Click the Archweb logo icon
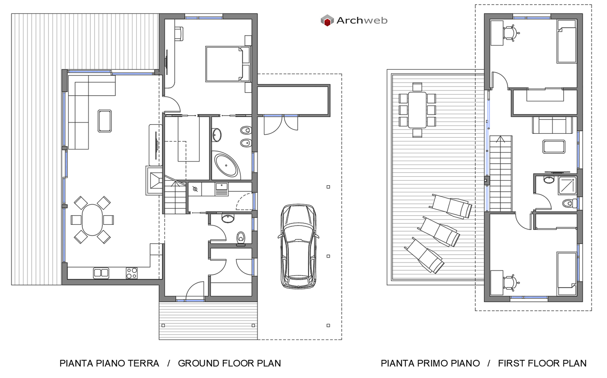click(x=327, y=20)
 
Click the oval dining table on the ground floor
click(x=92, y=220)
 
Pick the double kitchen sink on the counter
click(x=101, y=273)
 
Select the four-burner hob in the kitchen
click(x=131, y=273)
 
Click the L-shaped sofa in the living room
click(x=87, y=108)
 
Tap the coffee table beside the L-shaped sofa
click(x=104, y=121)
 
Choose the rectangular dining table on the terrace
click(x=417, y=110)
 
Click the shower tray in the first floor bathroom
click(x=568, y=185)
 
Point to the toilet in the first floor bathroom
click(x=569, y=203)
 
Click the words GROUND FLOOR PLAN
click(x=229, y=363)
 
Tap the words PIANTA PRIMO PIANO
click(x=430, y=363)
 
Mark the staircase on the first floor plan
click(x=501, y=173)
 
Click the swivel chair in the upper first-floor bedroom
click(x=510, y=33)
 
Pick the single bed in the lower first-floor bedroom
click(x=566, y=271)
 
